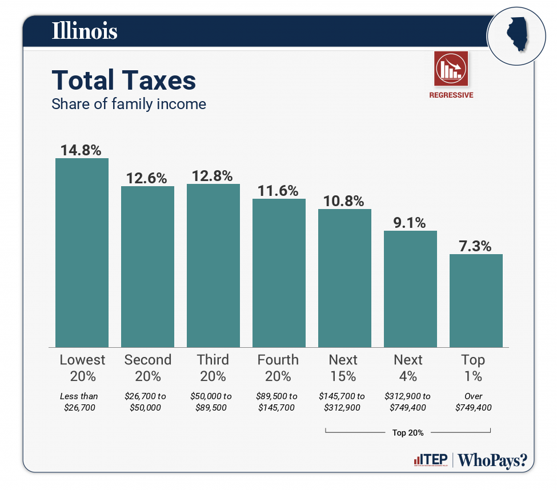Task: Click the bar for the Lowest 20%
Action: point(82,252)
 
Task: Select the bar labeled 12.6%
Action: point(147,267)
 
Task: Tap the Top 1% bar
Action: point(476,300)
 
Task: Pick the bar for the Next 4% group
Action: point(410,288)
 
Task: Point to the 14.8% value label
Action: point(81,150)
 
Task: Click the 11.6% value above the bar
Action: point(278,191)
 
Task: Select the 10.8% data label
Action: point(344,201)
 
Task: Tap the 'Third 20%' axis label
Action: point(213,368)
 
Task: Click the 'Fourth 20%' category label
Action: point(278,368)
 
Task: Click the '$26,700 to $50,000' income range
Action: point(147,402)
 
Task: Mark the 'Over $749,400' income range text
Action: point(474,402)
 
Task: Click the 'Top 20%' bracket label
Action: point(408,433)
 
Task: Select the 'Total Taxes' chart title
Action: point(124,81)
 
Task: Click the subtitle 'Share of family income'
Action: point(129,104)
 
